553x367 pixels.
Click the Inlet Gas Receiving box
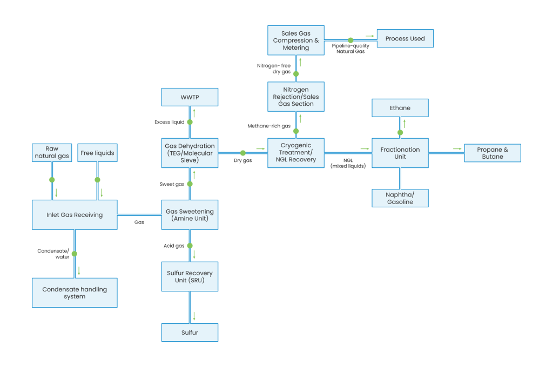[x=75, y=215]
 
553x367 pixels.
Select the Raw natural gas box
[x=52, y=153]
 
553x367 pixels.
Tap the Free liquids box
[x=97, y=153]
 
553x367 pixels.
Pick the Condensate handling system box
[x=75, y=293]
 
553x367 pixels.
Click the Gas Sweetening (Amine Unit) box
[x=190, y=215]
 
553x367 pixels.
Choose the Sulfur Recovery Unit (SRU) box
[x=190, y=276]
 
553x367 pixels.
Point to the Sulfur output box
[x=190, y=332]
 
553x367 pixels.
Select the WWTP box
[x=190, y=98]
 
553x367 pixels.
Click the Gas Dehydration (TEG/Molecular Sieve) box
[x=190, y=153]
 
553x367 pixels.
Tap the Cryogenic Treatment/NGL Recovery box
[x=295, y=153]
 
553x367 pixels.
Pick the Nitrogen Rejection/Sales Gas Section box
[x=295, y=97]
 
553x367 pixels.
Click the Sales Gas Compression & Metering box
[x=295, y=40]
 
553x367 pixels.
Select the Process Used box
[x=405, y=38]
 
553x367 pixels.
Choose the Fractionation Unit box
[x=400, y=153]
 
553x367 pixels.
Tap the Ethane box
[x=400, y=108]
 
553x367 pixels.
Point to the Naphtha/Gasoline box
[x=400, y=198]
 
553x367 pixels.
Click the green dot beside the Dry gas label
[x=243, y=153]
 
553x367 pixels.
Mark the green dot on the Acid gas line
[x=190, y=246]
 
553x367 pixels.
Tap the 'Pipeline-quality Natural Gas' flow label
[x=350, y=49]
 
